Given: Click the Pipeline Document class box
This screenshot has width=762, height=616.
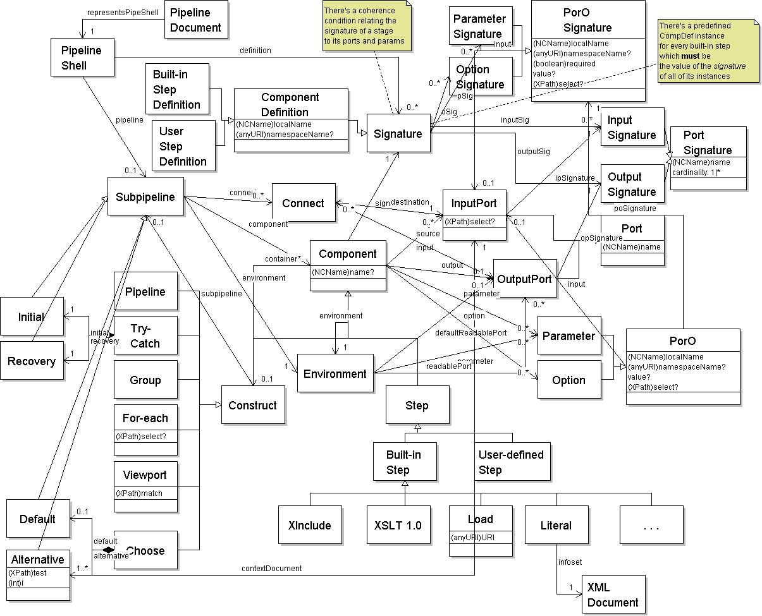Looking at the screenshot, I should tap(196, 20).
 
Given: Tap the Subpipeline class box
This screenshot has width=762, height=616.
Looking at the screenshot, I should tap(145, 197).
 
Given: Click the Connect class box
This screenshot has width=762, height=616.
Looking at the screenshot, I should tap(303, 203).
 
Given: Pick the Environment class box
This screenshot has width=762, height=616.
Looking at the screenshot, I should tap(335, 373).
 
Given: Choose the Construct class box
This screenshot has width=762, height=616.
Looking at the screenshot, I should tap(252, 405).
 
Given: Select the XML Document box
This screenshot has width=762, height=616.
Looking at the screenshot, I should tap(613, 595).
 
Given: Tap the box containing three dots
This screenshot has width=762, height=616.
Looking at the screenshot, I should tap(651, 525).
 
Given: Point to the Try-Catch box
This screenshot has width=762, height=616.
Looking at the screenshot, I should tap(145, 335).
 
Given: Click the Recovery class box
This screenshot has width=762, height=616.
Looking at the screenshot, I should tap(32, 361).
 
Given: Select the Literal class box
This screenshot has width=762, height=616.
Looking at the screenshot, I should tap(556, 525).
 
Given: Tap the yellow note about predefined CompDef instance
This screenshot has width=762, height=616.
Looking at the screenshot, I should tap(704, 51).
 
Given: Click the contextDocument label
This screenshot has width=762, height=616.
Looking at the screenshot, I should tap(272, 568).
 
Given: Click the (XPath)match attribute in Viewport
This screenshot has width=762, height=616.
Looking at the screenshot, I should tap(140, 492).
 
